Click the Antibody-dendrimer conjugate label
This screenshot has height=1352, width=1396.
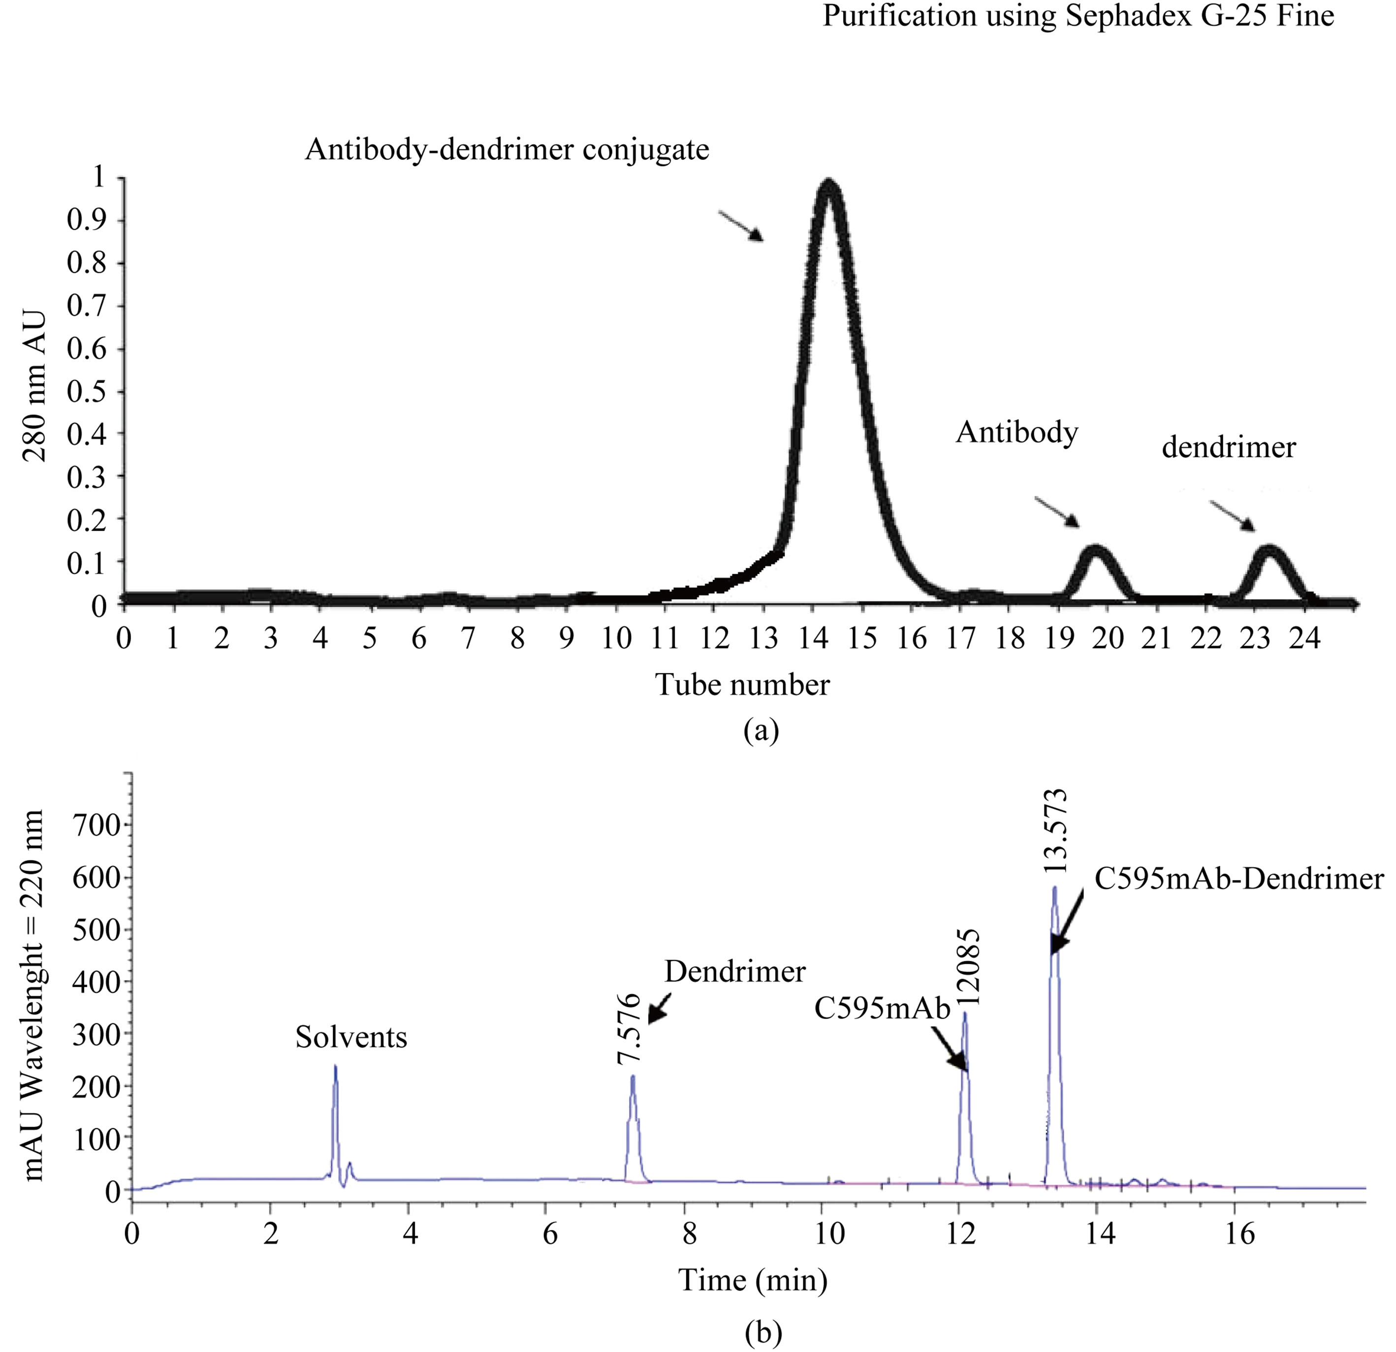click(x=507, y=150)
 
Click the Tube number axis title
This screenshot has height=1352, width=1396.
click(x=742, y=685)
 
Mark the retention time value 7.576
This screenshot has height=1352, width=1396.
click(x=630, y=1029)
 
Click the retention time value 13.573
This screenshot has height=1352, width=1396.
click(x=1055, y=831)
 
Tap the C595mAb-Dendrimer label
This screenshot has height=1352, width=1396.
click(x=1238, y=879)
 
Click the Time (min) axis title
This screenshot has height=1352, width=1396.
click(x=753, y=1281)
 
